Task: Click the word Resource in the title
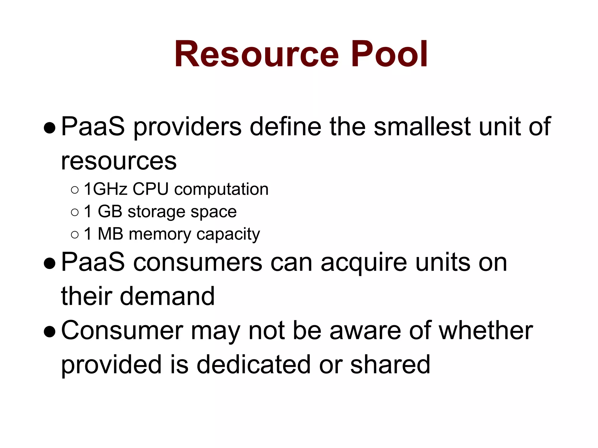256,55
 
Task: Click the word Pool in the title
390,55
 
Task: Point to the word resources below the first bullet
119,161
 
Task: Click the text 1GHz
106,189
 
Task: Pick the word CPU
150,189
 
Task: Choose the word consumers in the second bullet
198,262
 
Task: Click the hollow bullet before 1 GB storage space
75,212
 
